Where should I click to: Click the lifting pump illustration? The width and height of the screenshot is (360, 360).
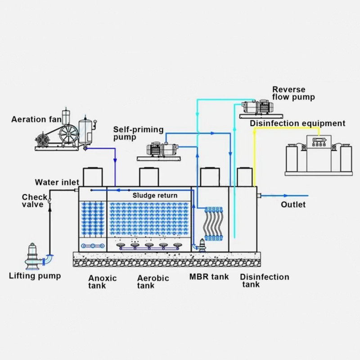[33, 255]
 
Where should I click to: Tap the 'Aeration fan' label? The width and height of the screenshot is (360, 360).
[35, 119]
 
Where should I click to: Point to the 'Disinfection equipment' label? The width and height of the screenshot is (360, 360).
[297, 123]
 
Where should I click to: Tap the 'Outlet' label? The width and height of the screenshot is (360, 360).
[293, 205]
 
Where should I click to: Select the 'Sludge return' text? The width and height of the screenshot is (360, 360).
[155, 195]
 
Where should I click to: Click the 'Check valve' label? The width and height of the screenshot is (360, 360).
[34, 201]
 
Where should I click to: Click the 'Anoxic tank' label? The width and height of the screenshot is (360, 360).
[102, 282]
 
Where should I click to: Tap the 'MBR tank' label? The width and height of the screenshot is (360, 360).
[209, 277]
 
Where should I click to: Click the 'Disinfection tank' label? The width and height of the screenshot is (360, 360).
[264, 280]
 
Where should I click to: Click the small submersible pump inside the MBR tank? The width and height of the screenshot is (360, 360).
[201, 244]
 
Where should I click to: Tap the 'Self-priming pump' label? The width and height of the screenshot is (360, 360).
[138, 133]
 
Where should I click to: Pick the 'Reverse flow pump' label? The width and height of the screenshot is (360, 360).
[293, 93]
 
